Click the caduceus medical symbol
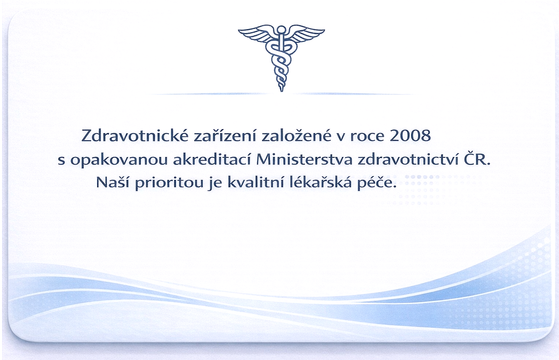281,58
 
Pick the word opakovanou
119,160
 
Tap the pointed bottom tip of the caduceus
281,91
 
